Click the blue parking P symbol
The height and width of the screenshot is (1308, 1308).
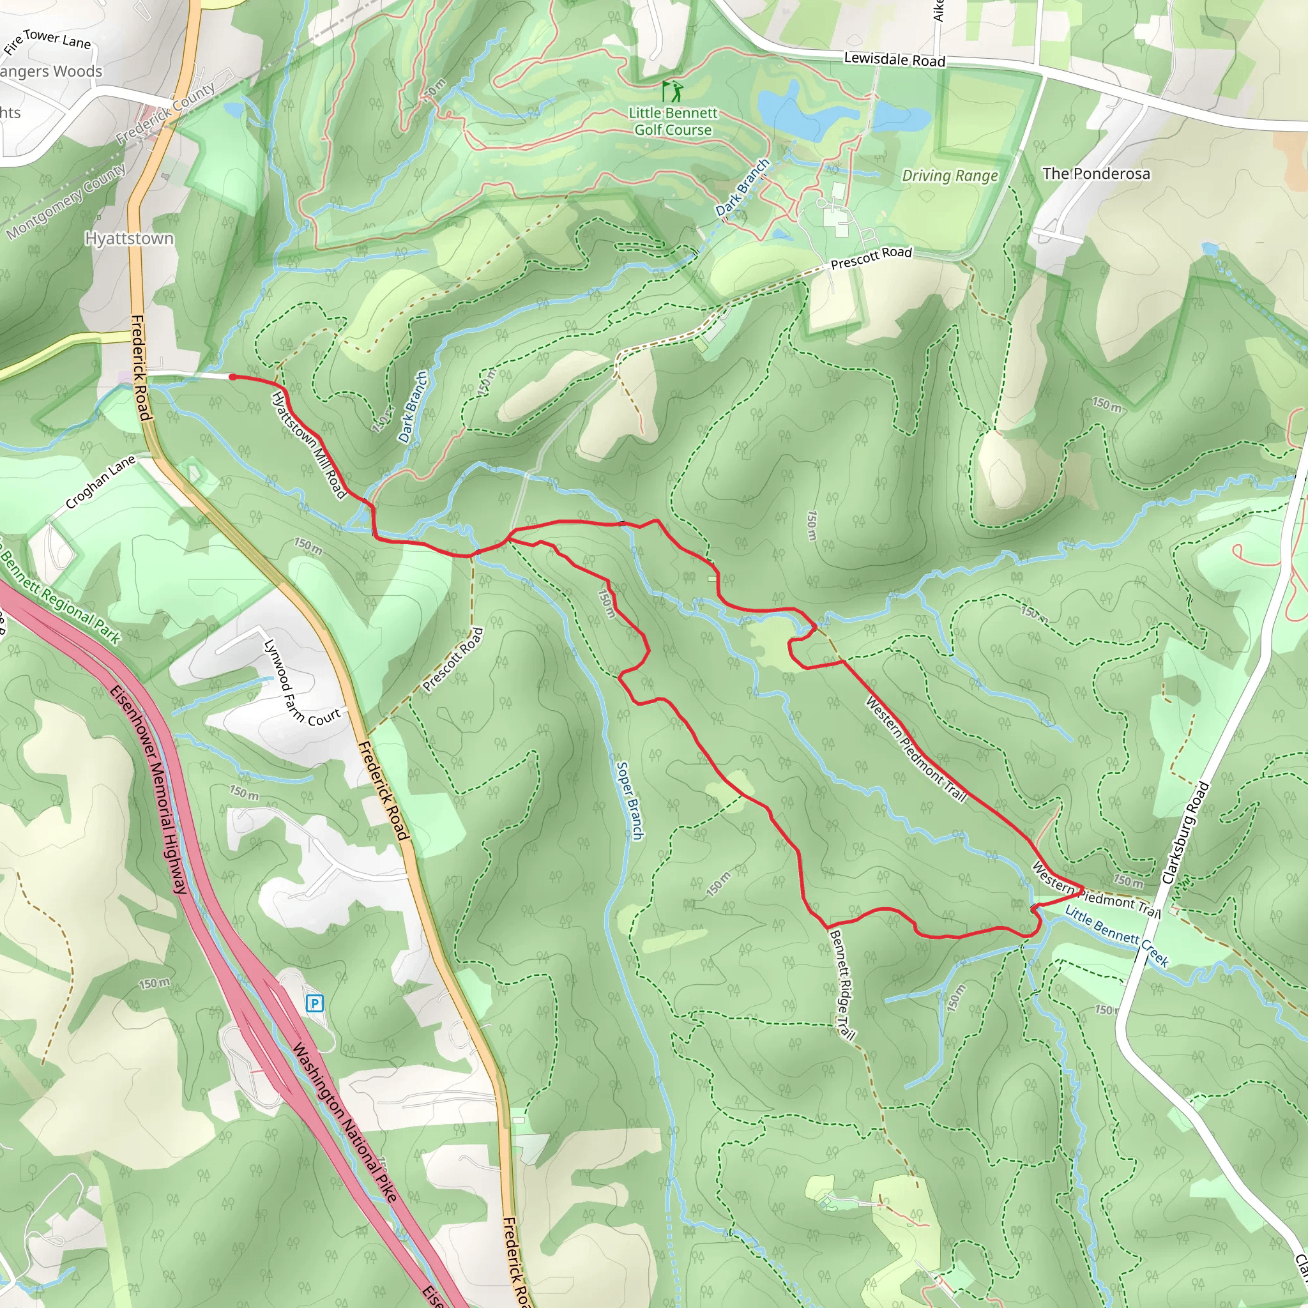pyautogui.click(x=314, y=1003)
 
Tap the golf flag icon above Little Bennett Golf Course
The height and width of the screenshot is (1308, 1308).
pyautogui.click(x=672, y=91)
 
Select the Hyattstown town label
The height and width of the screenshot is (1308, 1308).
pyautogui.click(x=129, y=238)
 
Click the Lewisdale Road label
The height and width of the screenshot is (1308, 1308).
pyautogui.click(x=894, y=59)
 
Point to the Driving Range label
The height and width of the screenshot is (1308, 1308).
pyautogui.click(x=950, y=176)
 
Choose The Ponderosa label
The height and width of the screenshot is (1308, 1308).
pyautogui.click(x=1095, y=173)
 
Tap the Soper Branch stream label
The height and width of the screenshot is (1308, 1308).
pyautogui.click(x=629, y=801)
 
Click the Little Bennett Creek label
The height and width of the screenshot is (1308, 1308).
pyautogui.click(x=1116, y=936)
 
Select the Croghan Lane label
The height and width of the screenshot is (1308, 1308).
pyautogui.click(x=100, y=482)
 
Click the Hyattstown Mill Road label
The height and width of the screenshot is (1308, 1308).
pyautogui.click(x=308, y=445)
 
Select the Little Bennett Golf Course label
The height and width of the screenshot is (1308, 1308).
pyautogui.click(x=673, y=121)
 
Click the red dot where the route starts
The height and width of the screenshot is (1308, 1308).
pyautogui.click(x=232, y=377)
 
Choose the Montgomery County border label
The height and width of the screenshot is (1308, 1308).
pyautogui.click(x=66, y=201)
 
